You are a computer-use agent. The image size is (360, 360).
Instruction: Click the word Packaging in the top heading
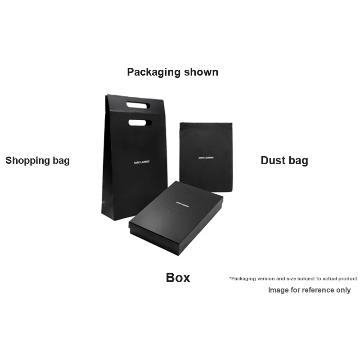point(149,72)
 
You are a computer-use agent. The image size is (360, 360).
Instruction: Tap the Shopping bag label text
point(37,161)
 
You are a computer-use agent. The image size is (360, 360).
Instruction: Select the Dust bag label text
point(284,161)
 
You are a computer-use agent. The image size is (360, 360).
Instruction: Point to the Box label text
point(178,278)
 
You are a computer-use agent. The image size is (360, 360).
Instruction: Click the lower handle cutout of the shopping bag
point(140,122)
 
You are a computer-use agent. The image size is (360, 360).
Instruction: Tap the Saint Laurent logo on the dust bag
point(206,158)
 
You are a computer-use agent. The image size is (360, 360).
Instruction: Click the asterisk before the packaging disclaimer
point(230,279)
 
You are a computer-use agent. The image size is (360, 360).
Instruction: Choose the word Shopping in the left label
point(27,161)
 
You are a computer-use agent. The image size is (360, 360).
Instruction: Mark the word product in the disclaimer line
point(347,279)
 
